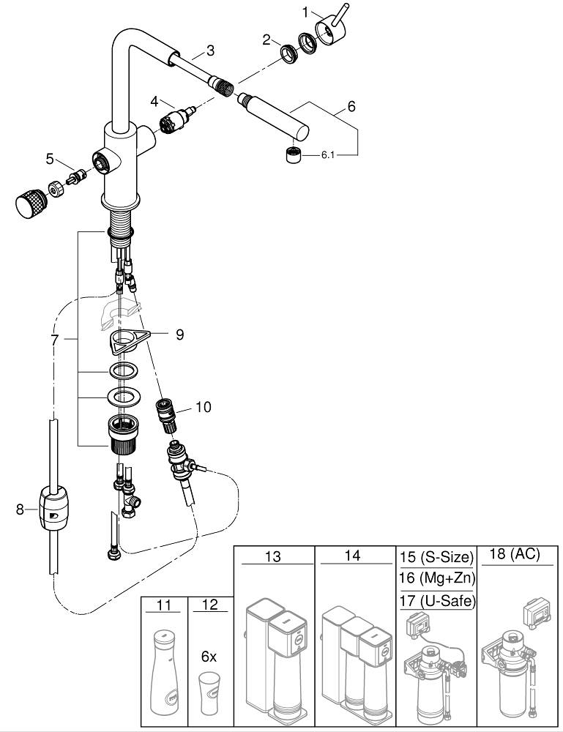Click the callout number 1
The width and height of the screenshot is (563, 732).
307,12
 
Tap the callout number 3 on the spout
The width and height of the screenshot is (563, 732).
211,51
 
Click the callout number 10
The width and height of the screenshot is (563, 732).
203,406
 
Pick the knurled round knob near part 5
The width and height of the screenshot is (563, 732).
30,202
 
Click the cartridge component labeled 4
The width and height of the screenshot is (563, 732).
174,118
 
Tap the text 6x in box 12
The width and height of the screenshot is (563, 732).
209,657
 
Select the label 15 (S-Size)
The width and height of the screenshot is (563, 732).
436,559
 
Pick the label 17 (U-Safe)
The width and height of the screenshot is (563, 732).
436,602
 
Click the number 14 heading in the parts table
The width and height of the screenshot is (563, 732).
352,556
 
